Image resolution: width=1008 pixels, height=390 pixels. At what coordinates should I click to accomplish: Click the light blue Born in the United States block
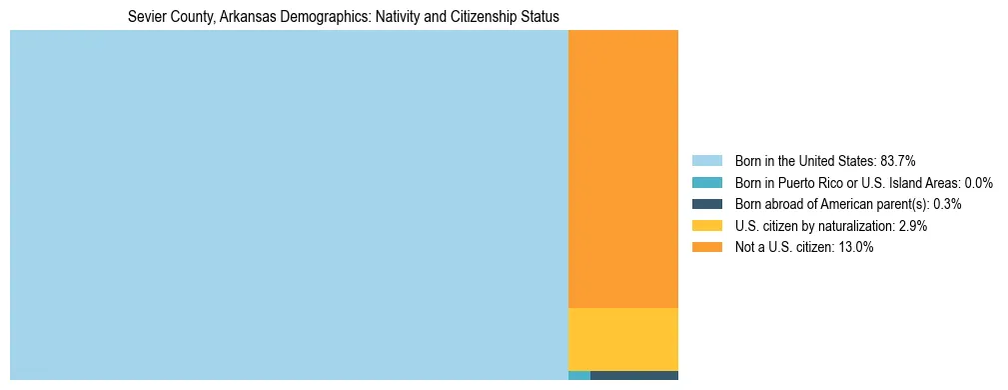pyautogui.click(x=289, y=205)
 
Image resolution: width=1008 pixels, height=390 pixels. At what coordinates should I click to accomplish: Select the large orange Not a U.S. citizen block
pyautogui.click(x=623, y=169)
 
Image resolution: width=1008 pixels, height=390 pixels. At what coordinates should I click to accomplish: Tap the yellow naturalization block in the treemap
pyautogui.click(x=623, y=339)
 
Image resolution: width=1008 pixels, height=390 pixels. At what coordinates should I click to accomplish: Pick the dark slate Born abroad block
pyautogui.click(x=634, y=376)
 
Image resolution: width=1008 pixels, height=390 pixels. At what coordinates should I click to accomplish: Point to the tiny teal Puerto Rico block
pyautogui.click(x=579, y=376)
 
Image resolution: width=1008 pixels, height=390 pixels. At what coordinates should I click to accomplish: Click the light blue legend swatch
pyautogui.click(x=707, y=161)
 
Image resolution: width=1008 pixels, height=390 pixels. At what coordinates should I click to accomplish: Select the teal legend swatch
pyautogui.click(x=707, y=183)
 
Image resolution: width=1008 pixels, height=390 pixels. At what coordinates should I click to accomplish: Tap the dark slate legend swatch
pyautogui.click(x=707, y=204)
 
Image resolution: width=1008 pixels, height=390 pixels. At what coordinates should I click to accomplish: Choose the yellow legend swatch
pyautogui.click(x=707, y=226)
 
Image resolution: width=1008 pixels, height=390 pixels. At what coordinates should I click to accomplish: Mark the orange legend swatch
pyautogui.click(x=707, y=247)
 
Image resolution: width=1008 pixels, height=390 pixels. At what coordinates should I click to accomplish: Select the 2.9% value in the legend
pyautogui.click(x=912, y=226)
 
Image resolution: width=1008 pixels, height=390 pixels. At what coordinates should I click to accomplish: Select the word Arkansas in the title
pyautogui.click(x=235, y=17)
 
